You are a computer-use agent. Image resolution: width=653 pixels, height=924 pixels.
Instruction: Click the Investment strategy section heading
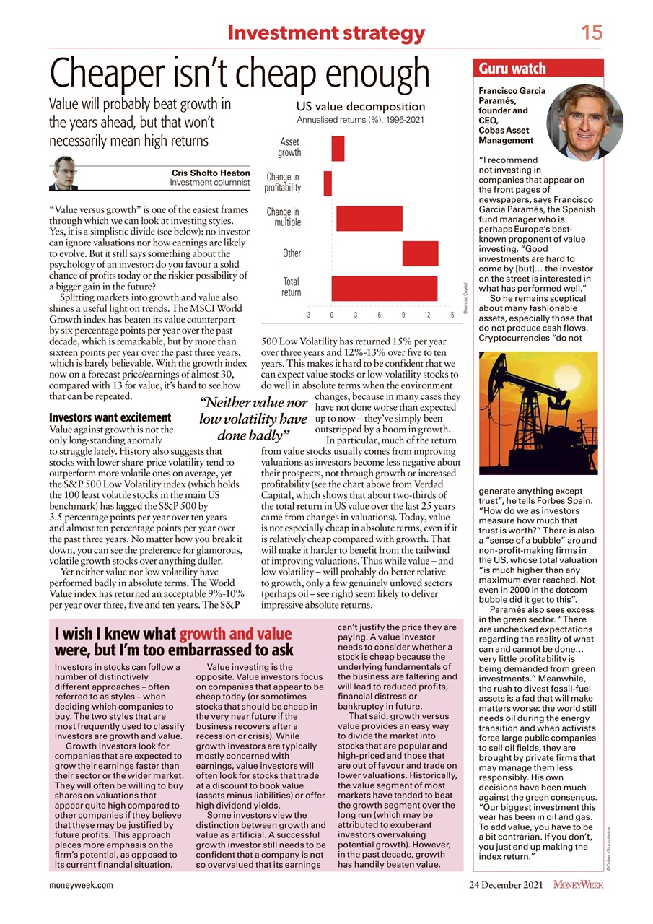(x=325, y=32)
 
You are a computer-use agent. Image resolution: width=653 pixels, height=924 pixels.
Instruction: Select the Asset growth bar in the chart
(x=338, y=148)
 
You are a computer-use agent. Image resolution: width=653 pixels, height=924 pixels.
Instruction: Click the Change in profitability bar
(x=328, y=183)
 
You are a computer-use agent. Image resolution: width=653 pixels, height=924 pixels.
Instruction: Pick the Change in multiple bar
(x=369, y=218)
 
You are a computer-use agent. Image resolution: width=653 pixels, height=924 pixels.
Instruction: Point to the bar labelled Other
(x=420, y=253)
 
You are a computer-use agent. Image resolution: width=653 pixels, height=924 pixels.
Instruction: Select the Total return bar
(x=384, y=287)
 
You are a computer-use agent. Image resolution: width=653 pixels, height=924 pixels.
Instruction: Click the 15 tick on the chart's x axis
(x=450, y=315)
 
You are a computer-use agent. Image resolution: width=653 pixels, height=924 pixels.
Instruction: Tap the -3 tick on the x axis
(x=307, y=315)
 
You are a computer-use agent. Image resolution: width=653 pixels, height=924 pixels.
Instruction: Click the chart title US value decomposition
(x=361, y=107)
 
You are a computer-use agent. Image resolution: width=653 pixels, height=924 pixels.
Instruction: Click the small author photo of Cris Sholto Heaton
(x=65, y=173)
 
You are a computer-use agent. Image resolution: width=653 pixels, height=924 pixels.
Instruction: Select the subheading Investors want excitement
(x=109, y=417)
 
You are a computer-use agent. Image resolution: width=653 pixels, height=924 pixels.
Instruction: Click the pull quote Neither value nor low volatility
(x=253, y=419)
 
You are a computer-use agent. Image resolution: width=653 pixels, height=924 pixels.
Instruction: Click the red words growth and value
(x=235, y=635)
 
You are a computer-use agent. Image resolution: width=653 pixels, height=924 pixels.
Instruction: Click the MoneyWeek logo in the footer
(x=579, y=885)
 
